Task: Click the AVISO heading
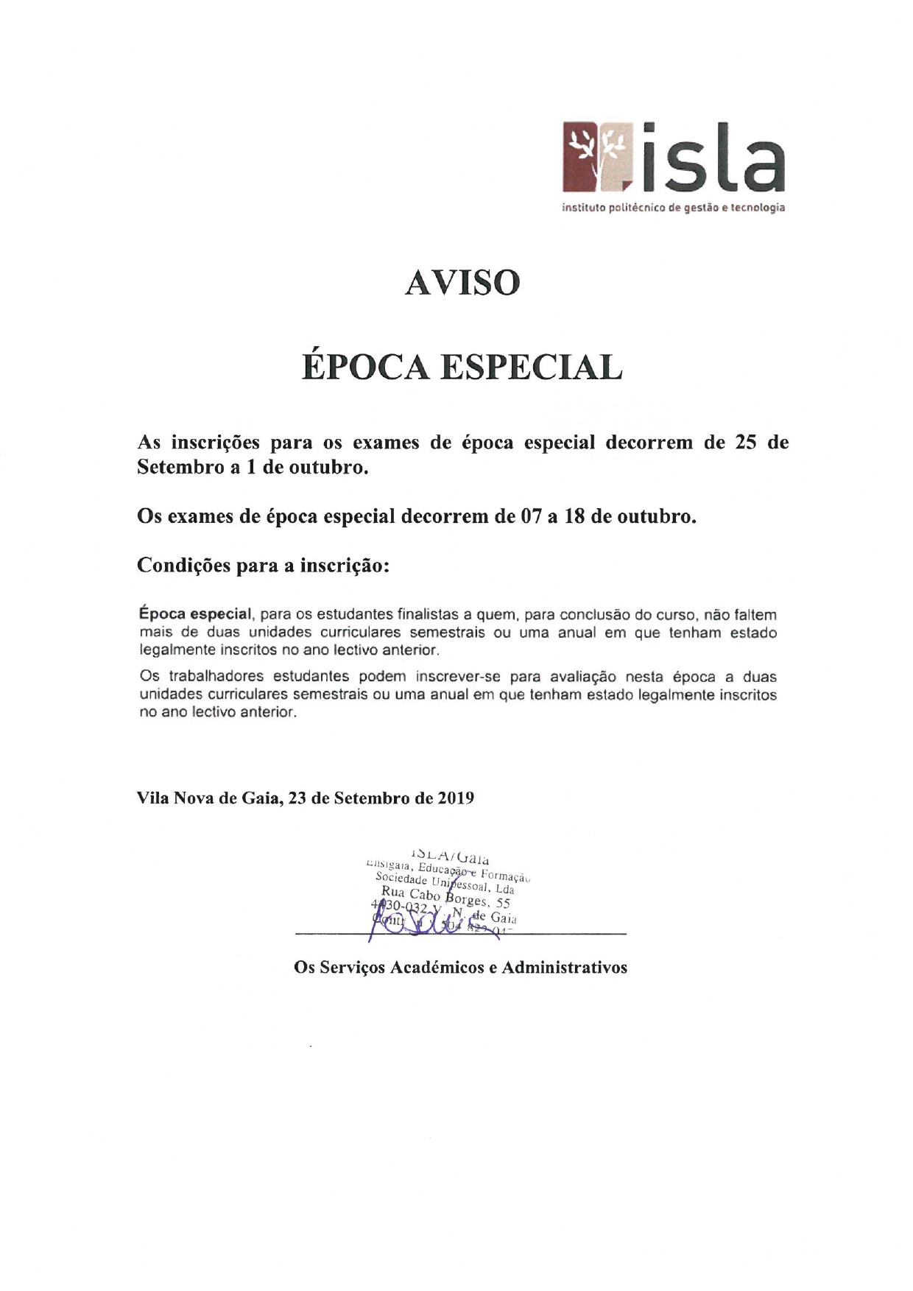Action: coord(462,283)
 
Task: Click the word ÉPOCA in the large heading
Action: coord(365,367)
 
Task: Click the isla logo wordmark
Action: coord(713,158)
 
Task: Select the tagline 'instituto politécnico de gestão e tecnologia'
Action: coord(673,208)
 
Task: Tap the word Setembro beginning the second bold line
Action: coord(180,468)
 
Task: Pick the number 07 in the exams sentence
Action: coord(531,517)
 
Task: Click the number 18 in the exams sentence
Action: coord(574,517)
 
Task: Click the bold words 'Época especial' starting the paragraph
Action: coord(196,614)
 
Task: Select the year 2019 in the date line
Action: coord(456,798)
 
